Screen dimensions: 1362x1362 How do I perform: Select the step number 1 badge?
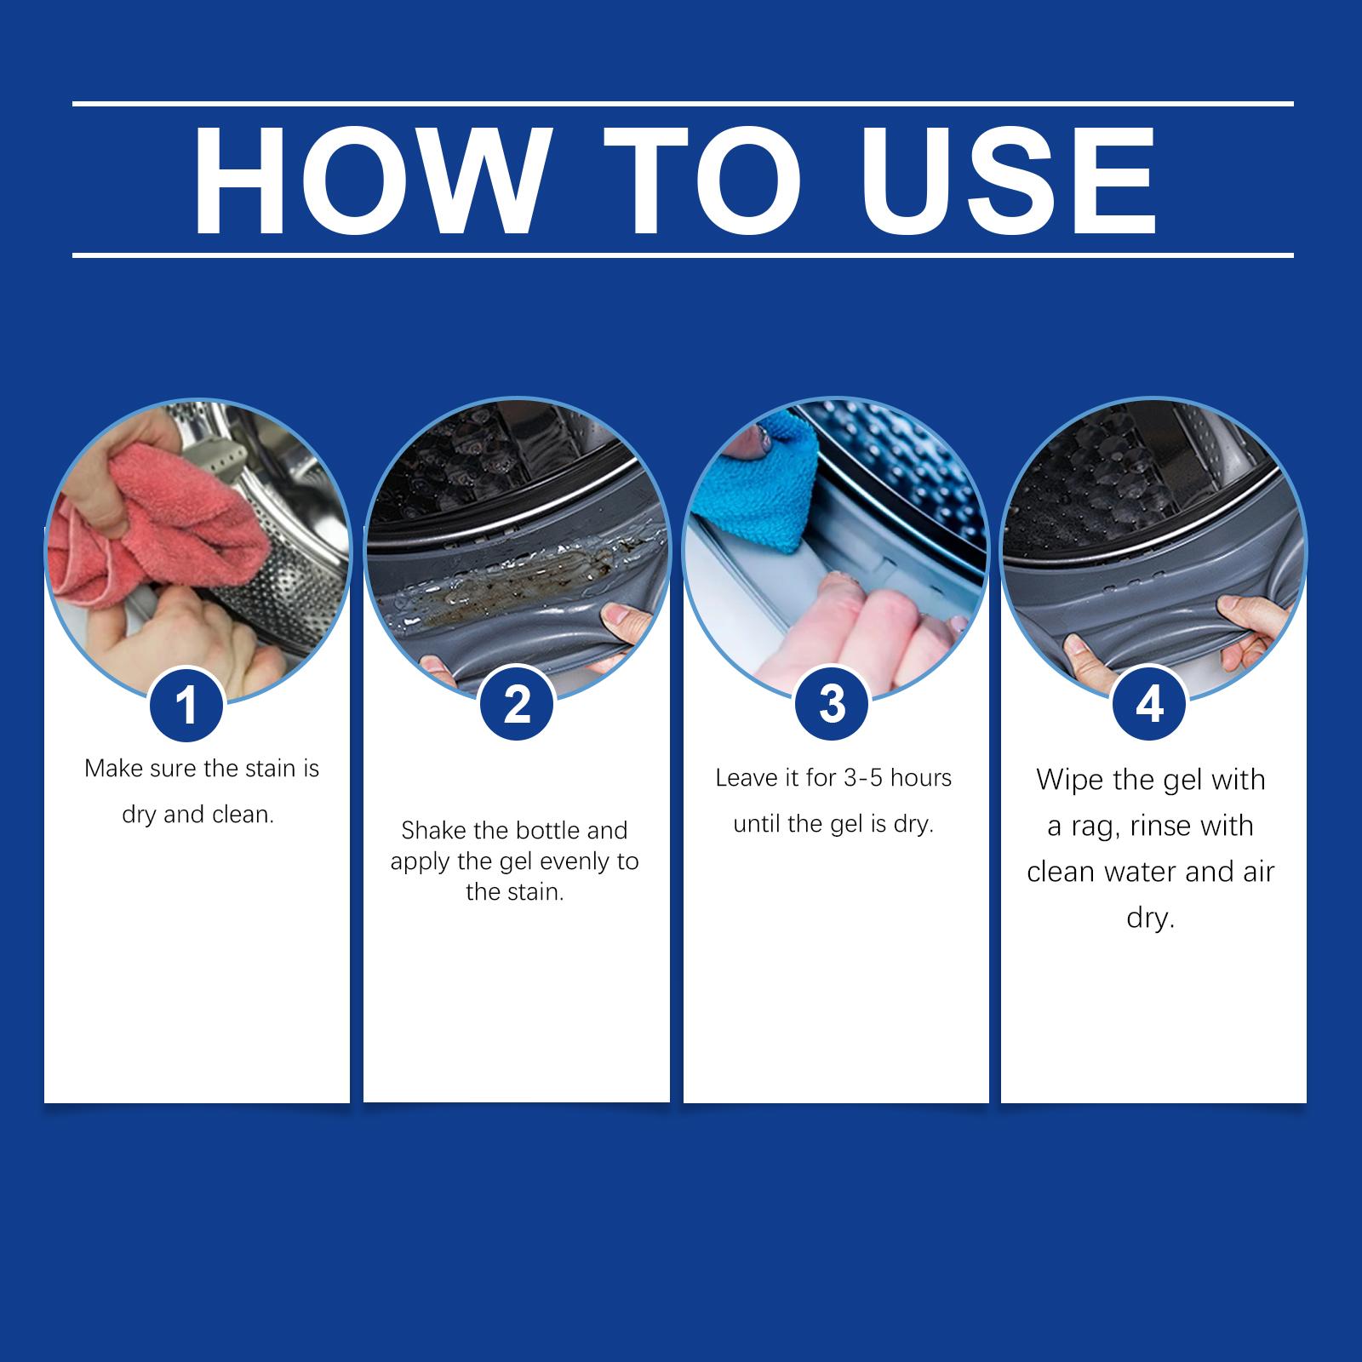186,706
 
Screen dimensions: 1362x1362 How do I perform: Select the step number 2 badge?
517,705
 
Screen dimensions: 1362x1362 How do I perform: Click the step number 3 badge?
832,705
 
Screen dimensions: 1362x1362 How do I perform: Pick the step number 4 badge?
1149,705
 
